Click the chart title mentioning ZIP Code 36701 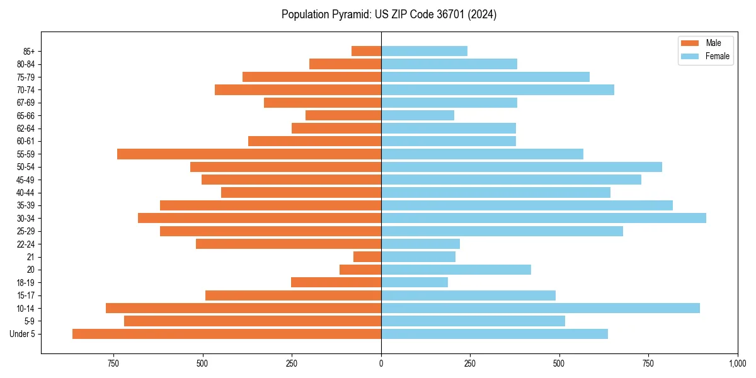389,14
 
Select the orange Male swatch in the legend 690,43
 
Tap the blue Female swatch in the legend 690,56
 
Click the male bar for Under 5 227,334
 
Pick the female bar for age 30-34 543,218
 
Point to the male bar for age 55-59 249,154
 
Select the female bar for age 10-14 540,308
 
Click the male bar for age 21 367,256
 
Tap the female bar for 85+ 424,51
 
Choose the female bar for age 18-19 415,282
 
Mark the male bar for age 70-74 298,89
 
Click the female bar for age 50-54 521,167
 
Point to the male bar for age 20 360,270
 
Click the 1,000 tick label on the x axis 737,364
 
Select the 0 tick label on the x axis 381,364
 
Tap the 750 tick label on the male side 113,364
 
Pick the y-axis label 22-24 25,244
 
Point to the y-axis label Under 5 23,334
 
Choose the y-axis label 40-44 25,192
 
